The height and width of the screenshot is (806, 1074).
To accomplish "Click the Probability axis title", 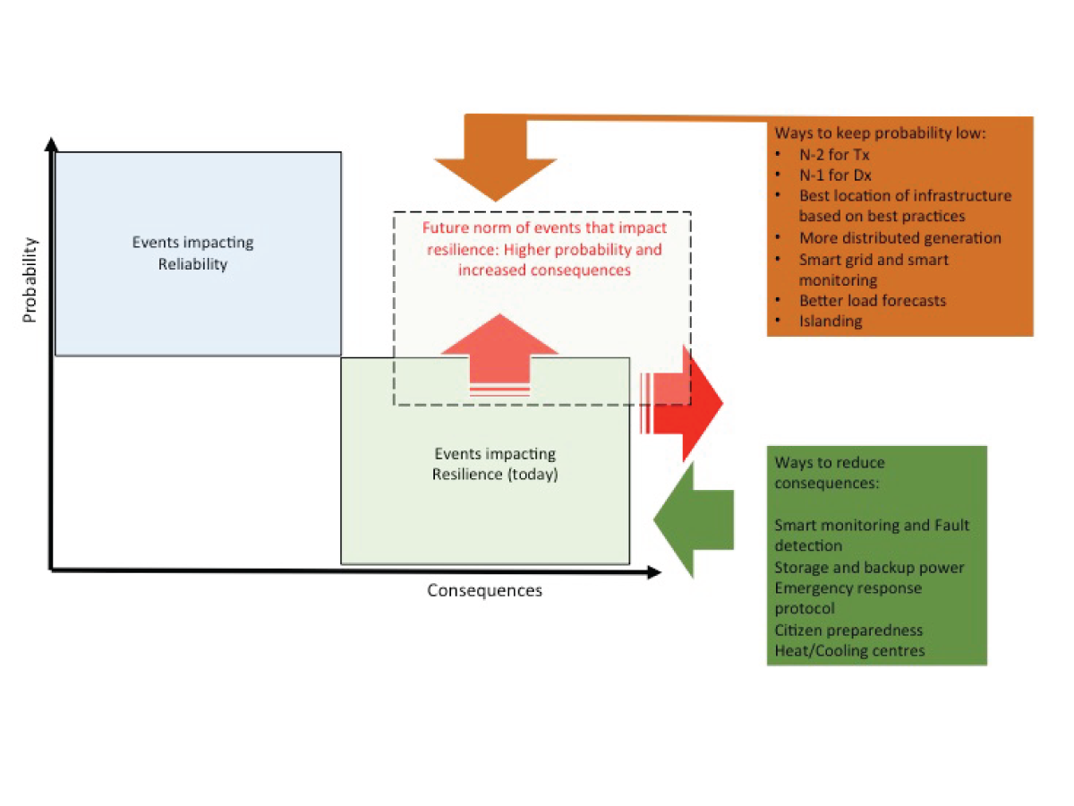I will point(30,279).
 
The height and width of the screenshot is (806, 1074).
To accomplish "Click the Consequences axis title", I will point(484,591).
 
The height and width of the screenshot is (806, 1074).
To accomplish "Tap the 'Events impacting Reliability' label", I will point(192,253).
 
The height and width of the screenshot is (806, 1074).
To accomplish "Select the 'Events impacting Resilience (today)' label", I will point(494,465).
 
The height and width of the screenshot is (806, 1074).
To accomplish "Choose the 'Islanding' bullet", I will point(831,321).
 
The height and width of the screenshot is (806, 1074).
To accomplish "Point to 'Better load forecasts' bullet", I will point(872,300).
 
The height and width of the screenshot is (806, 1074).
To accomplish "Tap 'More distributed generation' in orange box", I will point(899,238).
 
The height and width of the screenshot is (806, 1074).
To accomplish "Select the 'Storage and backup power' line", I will point(869,568).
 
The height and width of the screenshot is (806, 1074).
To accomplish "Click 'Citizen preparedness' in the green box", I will point(848,630).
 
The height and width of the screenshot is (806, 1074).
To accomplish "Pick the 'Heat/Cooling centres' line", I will point(849,651).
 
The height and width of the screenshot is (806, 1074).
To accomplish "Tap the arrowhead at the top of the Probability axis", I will point(53,143).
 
